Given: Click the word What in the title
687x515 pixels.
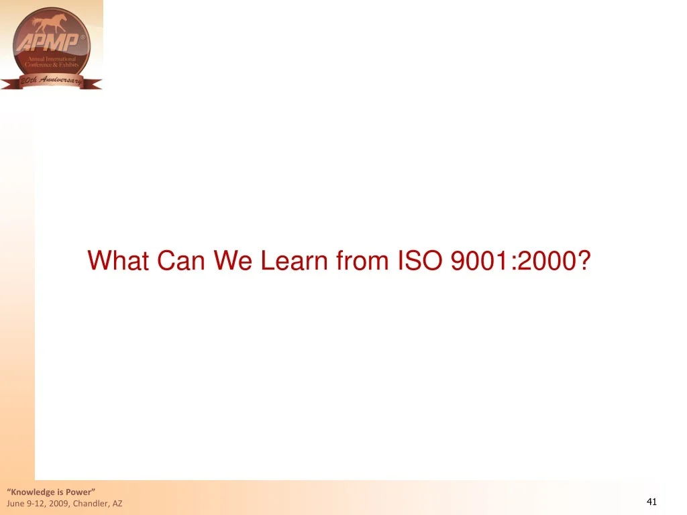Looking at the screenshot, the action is (118, 260).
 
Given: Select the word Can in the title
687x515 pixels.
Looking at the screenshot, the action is (181, 260).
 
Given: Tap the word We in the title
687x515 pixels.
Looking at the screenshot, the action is (233, 260).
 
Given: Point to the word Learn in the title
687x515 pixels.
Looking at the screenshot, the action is (294, 260).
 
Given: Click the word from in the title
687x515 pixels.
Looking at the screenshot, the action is (362, 260).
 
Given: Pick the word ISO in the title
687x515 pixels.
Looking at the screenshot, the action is (420, 260).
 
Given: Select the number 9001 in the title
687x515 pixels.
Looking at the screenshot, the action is (479, 260).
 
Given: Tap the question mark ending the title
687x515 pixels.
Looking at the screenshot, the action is (583, 260).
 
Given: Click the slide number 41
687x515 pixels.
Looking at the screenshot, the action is (651, 502).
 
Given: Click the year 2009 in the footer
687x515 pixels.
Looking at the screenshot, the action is (59, 504).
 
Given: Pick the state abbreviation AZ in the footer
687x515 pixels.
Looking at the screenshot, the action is (117, 504).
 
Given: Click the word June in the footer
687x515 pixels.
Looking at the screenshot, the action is (15, 504).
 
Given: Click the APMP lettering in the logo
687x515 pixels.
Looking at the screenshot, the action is (49, 43).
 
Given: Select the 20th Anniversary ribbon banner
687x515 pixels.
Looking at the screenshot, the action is (51, 81).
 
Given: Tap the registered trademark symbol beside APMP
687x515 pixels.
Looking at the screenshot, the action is (83, 38).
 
